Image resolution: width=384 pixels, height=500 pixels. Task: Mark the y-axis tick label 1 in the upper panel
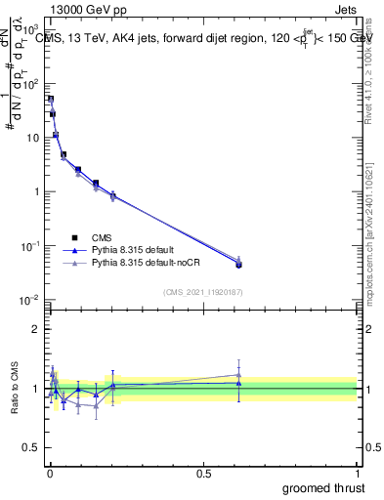[x=37, y=191]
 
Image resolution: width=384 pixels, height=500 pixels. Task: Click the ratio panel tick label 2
[x=37, y=329]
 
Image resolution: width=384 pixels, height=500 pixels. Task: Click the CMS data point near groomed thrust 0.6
[x=238, y=265]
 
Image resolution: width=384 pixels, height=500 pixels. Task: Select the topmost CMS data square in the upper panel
[x=51, y=99]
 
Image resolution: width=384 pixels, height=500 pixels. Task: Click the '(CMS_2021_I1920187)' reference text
[x=203, y=292]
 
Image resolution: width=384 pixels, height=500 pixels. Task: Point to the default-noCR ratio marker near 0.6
[x=238, y=375]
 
